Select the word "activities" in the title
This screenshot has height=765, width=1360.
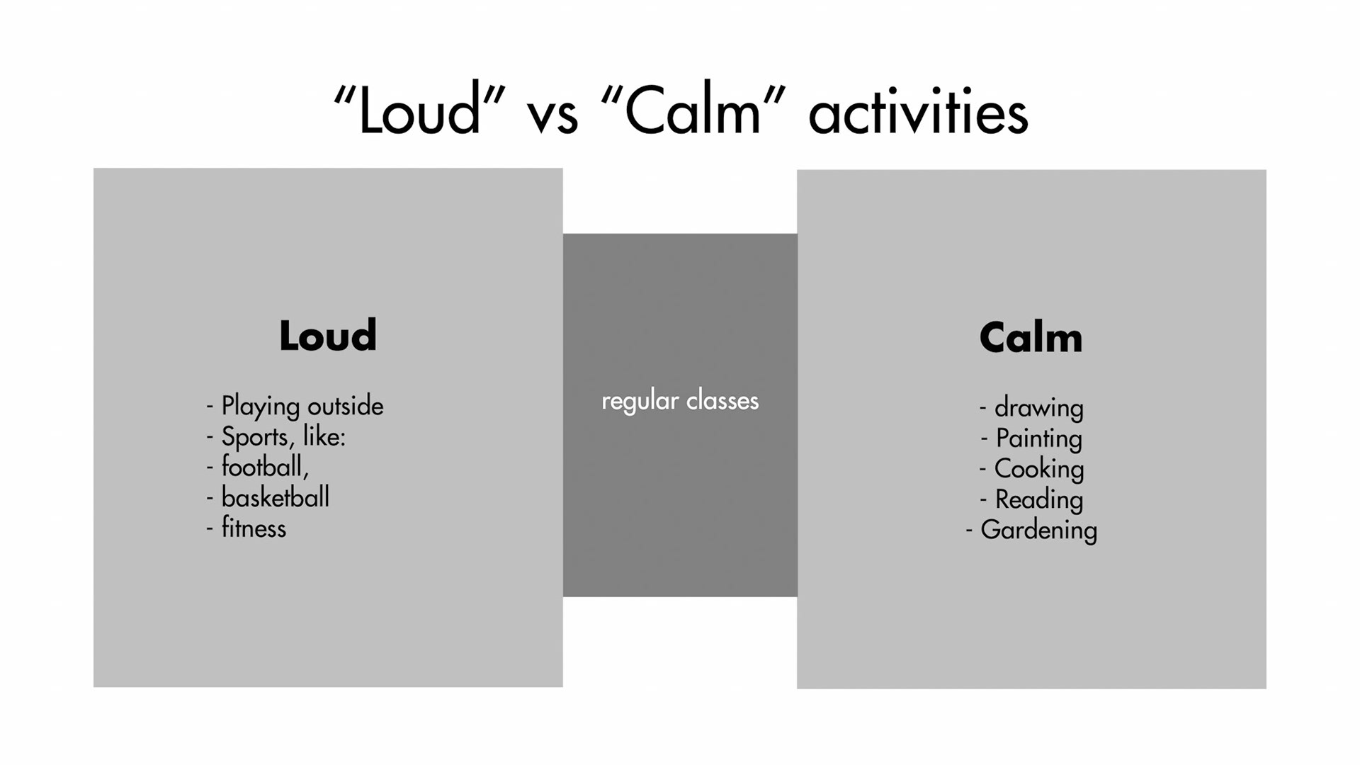918,113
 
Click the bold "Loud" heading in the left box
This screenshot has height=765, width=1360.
328,336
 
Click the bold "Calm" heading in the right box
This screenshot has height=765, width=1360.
1031,338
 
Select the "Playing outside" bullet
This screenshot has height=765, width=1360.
302,406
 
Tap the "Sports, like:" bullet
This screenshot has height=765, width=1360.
283,436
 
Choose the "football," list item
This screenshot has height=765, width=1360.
265,467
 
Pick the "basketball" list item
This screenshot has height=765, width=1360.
275,497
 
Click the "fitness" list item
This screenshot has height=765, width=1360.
254,528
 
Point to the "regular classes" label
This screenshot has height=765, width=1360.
680,401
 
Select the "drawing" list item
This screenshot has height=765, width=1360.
1038,408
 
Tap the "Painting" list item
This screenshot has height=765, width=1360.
1038,438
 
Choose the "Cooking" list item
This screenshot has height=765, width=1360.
1038,469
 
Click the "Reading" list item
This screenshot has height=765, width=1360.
1038,499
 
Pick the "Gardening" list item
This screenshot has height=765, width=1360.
1038,530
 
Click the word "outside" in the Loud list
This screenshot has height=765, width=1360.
345,406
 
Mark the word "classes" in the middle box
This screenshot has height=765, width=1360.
722,401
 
